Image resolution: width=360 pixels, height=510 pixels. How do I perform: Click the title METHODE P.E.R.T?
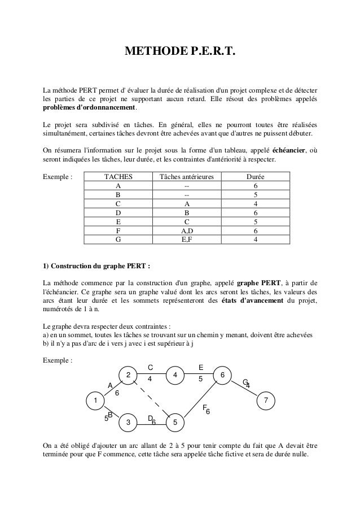(x=179, y=53)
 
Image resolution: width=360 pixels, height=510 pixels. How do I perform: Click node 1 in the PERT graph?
(x=95, y=400)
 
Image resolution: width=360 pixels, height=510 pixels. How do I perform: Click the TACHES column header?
(x=118, y=177)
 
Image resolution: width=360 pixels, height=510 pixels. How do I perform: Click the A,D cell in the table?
(x=187, y=230)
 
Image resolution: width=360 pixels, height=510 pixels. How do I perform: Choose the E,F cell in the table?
(x=187, y=239)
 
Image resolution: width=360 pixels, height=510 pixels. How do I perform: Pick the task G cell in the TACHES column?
(x=118, y=239)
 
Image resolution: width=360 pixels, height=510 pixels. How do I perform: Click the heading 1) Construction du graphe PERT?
(x=96, y=266)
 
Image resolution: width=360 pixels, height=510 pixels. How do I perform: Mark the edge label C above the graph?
(x=150, y=368)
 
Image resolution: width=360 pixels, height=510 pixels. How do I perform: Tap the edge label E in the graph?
(x=201, y=368)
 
